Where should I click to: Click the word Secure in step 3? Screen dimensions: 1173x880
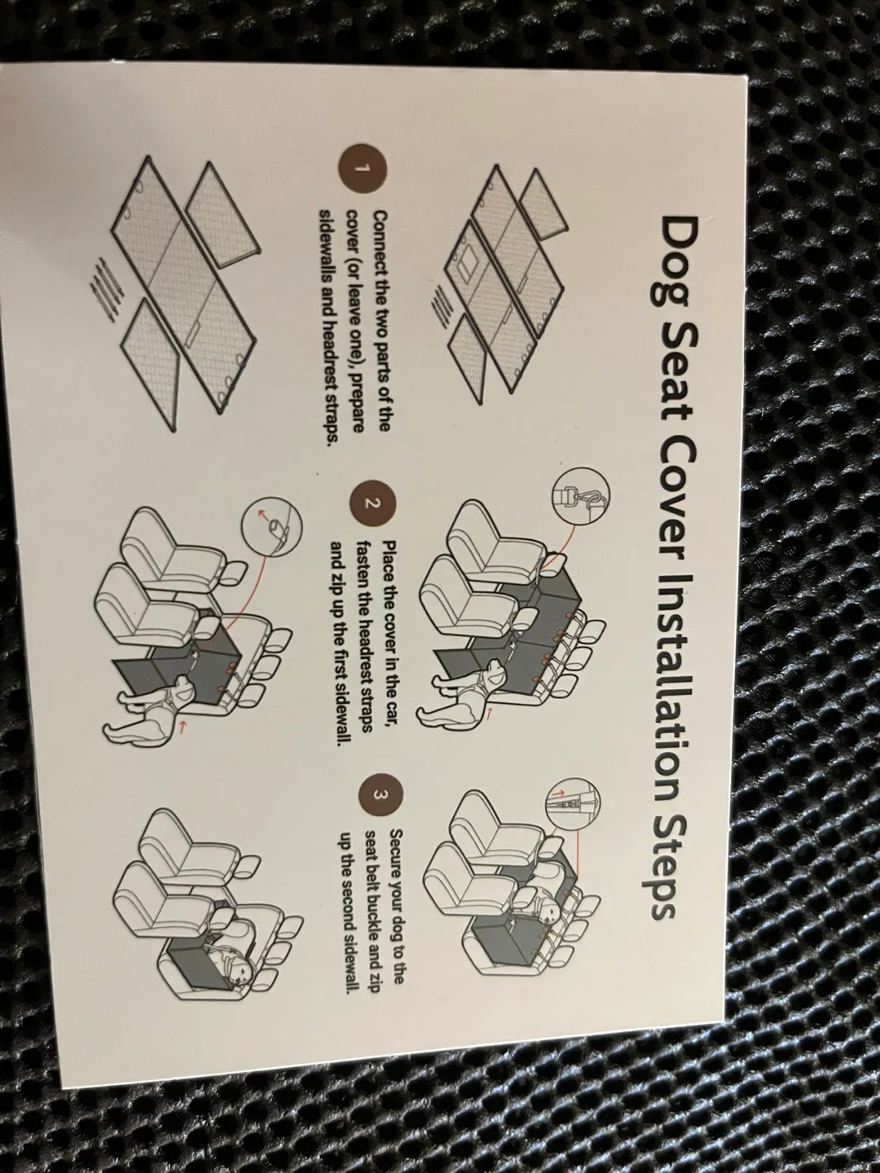398,854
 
